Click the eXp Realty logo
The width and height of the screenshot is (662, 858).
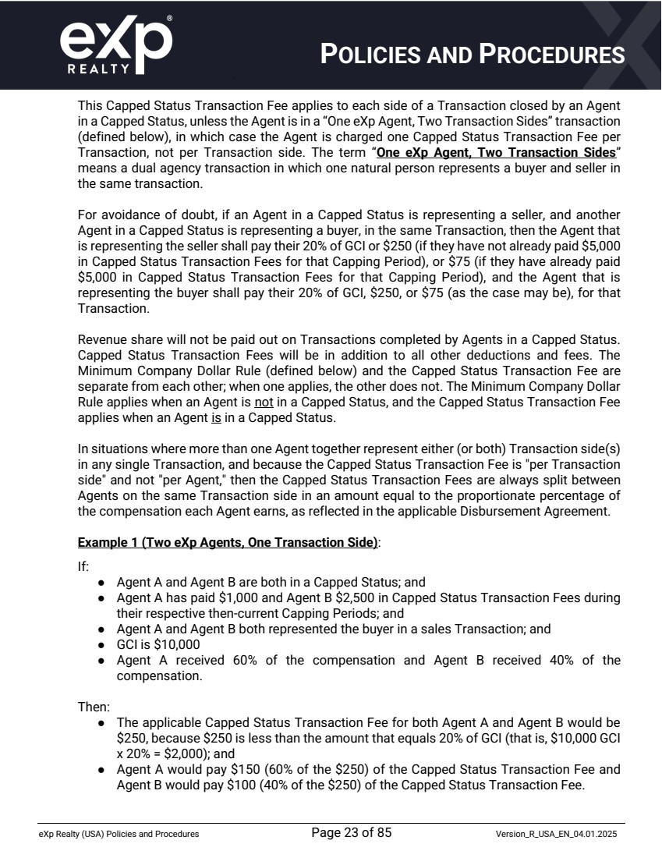pyautogui.click(x=115, y=44)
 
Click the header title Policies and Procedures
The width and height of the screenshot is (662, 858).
pyautogui.click(x=473, y=54)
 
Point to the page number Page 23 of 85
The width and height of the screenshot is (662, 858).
pyautogui.click(x=351, y=832)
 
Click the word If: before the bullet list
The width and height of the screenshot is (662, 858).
pyautogui.click(x=83, y=567)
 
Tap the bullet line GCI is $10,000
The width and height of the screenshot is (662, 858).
pyautogui.click(x=158, y=644)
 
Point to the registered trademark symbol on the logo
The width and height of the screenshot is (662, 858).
pyautogui.click(x=170, y=16)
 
